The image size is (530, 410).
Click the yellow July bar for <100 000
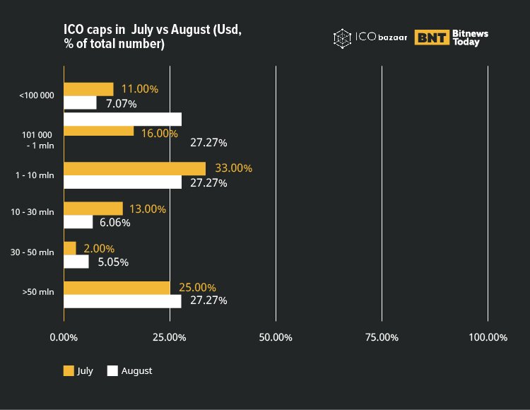tap(88, 89)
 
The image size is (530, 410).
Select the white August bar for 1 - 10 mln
tap(122, 182)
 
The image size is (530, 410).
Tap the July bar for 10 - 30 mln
tap(93, 209)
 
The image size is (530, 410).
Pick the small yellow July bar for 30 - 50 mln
tap(70, 248)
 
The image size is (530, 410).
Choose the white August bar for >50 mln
tap(122, 301)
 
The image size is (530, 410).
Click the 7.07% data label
tap(122, 103)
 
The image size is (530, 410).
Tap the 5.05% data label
tap(113, 262)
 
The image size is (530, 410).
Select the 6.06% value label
tap(115, 222)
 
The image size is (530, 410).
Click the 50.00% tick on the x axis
tap(276, 337)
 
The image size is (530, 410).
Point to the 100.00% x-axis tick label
tap(488, 337)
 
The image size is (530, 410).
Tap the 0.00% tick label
tap(64, 337)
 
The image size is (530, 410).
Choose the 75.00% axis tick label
tap(382, 337)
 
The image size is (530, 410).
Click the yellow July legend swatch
tap(69, 370)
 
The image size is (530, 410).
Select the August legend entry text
tap(136, 370)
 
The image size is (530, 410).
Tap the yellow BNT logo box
tap(432, 37)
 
